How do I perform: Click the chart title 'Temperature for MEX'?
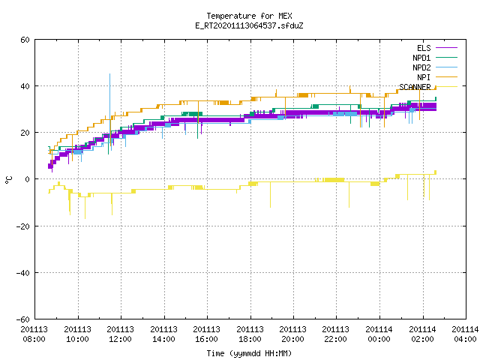point(249,16)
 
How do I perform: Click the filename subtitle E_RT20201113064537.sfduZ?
point(249,25)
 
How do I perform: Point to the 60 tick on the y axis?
point(25,40)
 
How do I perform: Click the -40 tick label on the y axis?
point(23,273)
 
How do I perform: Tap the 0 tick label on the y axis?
point(27,179)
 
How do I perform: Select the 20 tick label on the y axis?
point(25,133)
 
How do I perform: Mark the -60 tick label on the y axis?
point(23,319)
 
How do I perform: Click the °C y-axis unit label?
point(8,180)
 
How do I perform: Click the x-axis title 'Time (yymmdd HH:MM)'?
point(249,353)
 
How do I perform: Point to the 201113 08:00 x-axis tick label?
point(34,334)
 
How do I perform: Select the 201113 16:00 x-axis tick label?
point(207,334)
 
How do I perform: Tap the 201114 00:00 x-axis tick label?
point(379,334)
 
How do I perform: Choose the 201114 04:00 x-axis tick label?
point(465,334)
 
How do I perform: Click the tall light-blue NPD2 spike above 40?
point(110,104)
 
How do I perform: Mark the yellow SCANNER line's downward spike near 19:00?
point(270,195)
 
